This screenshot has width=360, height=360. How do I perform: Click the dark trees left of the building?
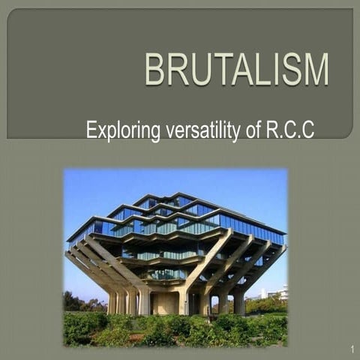[x=75, y=301]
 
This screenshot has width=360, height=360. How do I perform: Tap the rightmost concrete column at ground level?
[x=239, y=302]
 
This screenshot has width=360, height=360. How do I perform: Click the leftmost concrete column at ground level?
[x=112, y=301]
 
